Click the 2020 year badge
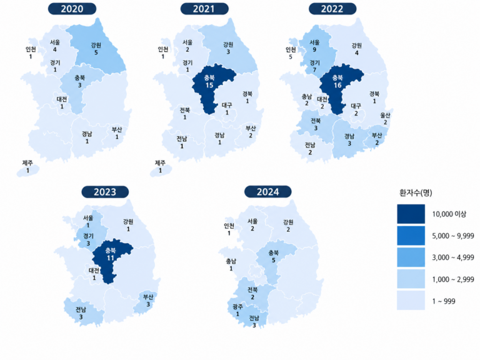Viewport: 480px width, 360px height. tap(72, 9)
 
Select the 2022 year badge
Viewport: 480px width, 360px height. tap(332, 9)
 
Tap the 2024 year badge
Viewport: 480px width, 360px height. tap(268, 192)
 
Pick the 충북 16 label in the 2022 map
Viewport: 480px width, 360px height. tap(337, 81)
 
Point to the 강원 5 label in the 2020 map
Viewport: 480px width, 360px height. tap(96, 49)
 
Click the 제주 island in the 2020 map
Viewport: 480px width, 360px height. tap(28, 171)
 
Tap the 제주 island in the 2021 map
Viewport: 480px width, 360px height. tap(161, 171)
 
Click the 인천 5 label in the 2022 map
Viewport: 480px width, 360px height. tap(291, 53)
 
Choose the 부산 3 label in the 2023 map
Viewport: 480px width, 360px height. tap(148, 300)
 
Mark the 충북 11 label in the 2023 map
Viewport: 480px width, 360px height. tap(111, 254)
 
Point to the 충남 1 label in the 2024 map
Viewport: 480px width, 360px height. tap(231, 264)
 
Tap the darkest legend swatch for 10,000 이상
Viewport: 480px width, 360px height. tap(411, 214)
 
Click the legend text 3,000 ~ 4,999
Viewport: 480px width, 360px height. tap(453, 257)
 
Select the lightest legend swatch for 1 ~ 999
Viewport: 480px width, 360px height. tap(411, 301)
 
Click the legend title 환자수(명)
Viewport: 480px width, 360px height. tap(416, 192)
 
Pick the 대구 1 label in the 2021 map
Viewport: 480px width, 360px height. tap(227, 109)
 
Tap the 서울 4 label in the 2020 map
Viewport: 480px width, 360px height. tap(55, 46)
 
